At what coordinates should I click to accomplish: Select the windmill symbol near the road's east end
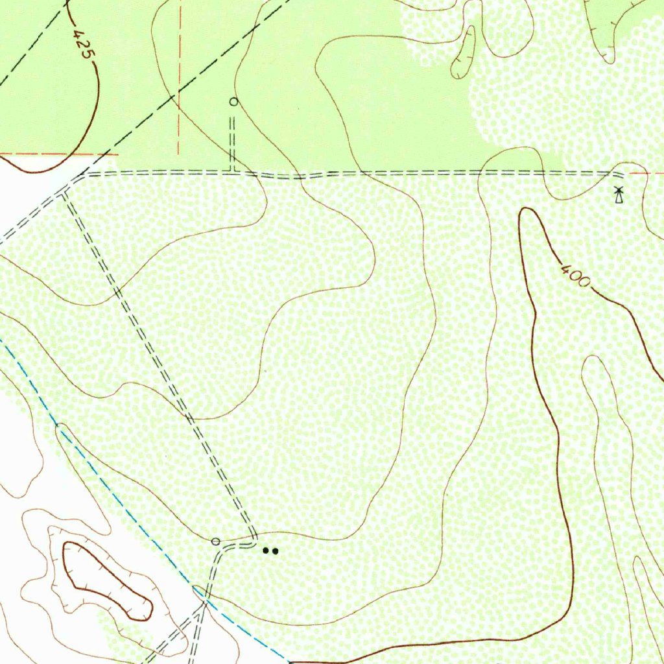pos(619,195)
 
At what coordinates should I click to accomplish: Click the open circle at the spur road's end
pos(233,101)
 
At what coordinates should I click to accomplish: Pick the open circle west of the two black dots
pos(216,541)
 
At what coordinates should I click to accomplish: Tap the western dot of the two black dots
pos(266,551)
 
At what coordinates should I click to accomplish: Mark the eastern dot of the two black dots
pos(276,551)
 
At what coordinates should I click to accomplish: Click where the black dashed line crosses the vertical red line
pos(178,96)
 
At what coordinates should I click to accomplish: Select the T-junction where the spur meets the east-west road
pos(232,172)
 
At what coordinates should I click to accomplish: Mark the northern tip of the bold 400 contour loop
pos(527,209)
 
